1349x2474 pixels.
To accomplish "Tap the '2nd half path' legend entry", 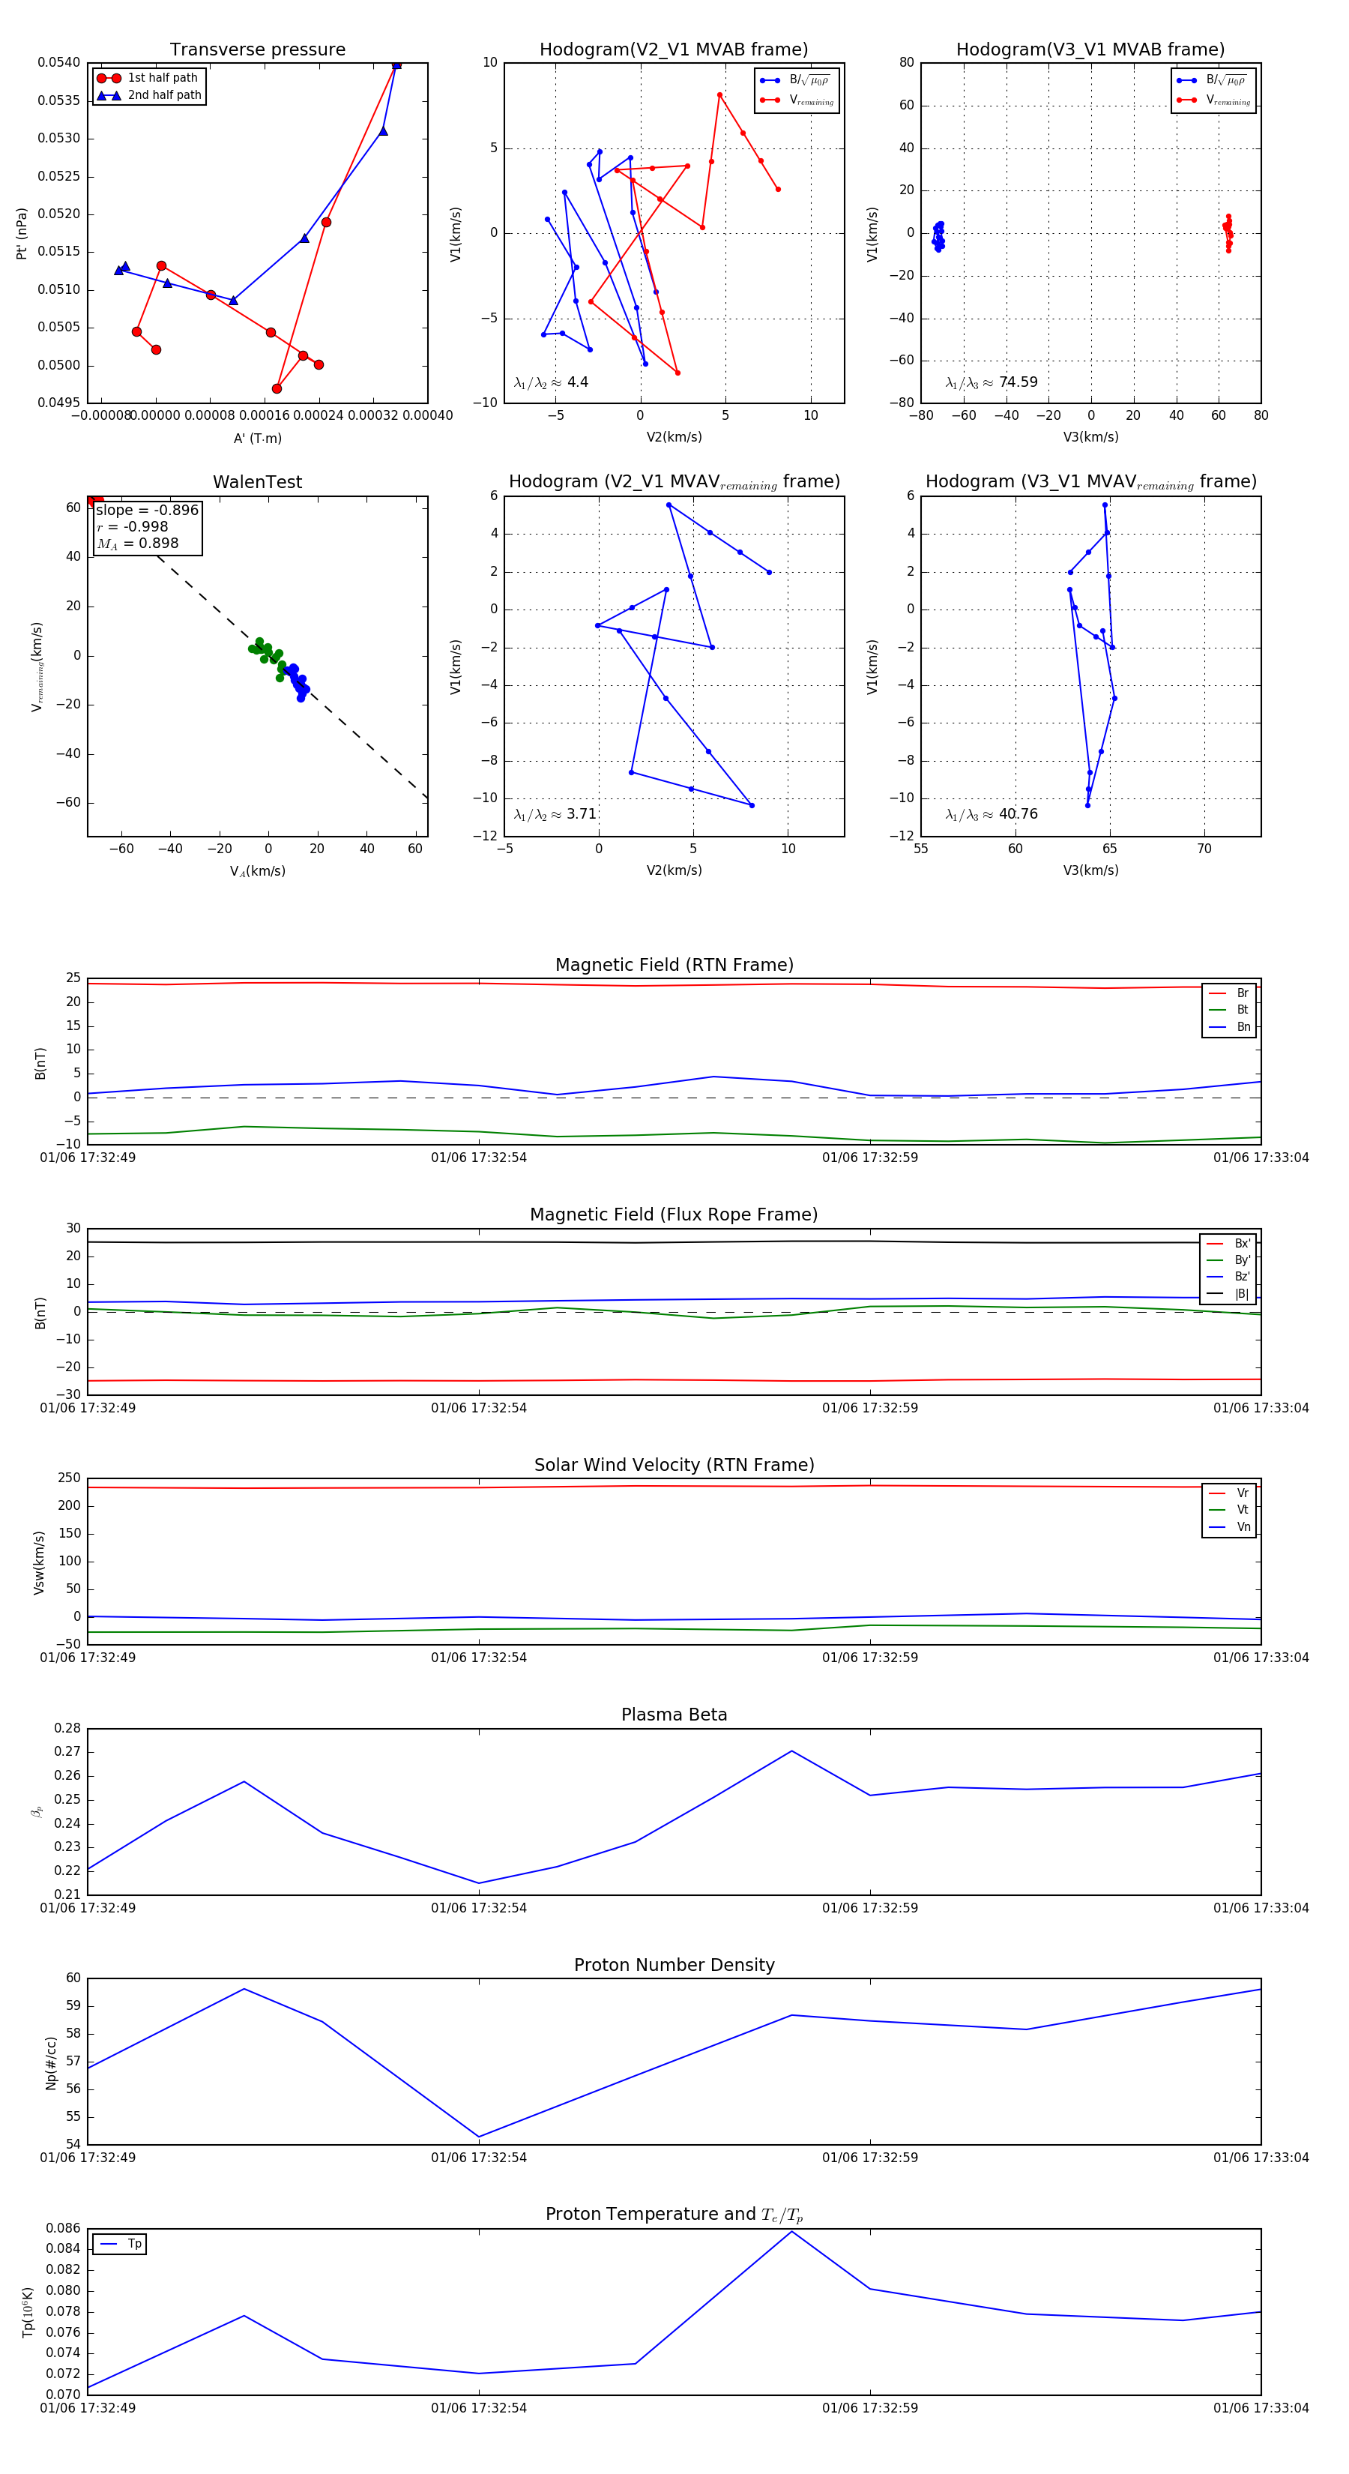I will click(x=164, y=95).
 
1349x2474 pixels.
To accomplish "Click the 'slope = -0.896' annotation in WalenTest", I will click(x=147, y=510).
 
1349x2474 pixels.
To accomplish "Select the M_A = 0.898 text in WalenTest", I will click(x=137, y=544).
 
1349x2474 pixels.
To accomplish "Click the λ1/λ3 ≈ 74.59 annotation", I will click(x=991, y=382).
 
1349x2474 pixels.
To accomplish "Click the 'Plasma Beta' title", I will click(x=674, y=1715).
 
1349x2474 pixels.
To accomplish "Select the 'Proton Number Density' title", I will click(x=674, y=1965).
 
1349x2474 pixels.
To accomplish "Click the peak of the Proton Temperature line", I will click(x=791, y=2231).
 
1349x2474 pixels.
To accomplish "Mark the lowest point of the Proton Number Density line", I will click(x=479, y=2137).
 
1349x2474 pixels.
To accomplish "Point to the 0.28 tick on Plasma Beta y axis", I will click(x=67, y=1729).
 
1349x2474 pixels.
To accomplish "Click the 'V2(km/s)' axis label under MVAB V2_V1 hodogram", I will click(x=674, y=437).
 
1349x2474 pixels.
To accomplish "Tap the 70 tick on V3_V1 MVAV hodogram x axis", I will click(x=1204, y=849).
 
